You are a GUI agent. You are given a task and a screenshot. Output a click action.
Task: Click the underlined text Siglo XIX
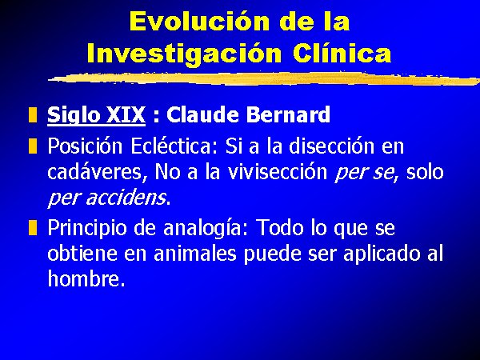(96, 114)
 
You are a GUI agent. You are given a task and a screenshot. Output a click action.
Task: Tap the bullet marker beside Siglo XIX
(33, 114)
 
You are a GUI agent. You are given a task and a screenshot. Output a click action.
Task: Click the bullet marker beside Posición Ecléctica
(33, 146)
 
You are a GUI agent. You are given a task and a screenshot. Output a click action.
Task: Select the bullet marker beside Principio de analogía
(33, 227)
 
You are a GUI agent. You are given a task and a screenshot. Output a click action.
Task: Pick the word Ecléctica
(171, 146)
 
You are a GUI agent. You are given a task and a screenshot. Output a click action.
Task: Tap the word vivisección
(278, 171)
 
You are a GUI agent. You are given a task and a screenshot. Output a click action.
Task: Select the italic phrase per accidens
(107, 198)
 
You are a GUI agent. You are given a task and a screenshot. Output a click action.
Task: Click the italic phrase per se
(364, 173)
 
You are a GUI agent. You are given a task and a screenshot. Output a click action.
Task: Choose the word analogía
(202, 228)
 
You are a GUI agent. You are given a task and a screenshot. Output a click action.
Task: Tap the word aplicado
(382, 254)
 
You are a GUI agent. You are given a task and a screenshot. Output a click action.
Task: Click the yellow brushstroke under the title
(264, 78)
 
